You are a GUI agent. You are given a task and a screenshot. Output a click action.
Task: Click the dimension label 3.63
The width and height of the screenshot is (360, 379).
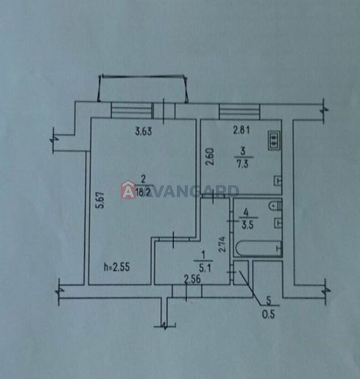[x=143, y=132]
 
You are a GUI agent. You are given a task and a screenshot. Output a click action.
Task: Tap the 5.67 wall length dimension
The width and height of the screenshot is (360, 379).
[x=101, y=200]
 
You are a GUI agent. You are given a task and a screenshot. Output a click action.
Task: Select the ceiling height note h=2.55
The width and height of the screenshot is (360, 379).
[x=117, y=267]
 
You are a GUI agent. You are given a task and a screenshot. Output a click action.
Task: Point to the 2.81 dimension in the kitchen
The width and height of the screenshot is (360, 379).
[x=241, y=131]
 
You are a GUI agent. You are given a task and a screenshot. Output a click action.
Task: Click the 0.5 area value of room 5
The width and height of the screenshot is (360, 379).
[x=268, y=315]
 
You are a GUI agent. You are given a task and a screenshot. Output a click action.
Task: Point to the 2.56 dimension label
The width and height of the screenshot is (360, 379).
[x=192, y=279]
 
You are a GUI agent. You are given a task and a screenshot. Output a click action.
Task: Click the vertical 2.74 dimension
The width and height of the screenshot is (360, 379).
[x=222, y=244]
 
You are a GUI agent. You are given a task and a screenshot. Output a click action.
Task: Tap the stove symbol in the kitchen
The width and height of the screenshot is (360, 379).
[x=274, y=140]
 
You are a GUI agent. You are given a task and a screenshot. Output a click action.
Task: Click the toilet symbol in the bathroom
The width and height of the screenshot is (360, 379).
[x=275, y=206]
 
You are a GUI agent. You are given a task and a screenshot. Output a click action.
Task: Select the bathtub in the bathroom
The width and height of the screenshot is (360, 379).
[x=259, y=248]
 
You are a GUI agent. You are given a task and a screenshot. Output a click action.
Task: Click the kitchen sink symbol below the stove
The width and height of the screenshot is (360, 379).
[x=278, y=180]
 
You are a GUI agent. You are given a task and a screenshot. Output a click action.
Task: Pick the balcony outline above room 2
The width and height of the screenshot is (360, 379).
[x=143, y=88]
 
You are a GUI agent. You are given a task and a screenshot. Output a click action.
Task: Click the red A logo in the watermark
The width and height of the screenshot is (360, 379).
[x=128, y=189]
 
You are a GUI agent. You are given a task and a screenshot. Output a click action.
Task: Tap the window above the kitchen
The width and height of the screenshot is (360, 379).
[x=239, y=111]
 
